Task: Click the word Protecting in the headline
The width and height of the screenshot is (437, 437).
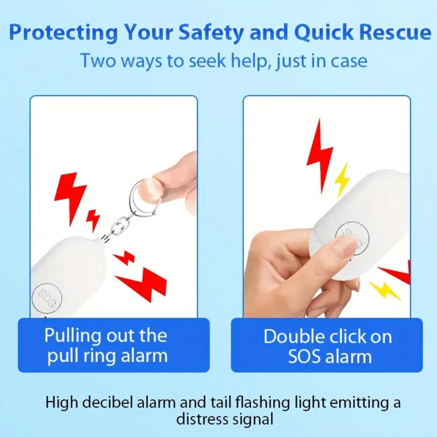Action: pos(64,33)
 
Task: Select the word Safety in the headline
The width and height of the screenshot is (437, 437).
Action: pos(211,33)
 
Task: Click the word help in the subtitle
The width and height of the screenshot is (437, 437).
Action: pos(249,61)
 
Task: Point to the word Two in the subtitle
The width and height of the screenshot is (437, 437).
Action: pos(98,61)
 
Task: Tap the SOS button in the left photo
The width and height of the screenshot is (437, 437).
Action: pos(47,298)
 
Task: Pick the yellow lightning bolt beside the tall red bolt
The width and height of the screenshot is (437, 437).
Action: pos(342,179)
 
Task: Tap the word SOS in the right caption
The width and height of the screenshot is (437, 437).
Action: pos(304,356)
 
